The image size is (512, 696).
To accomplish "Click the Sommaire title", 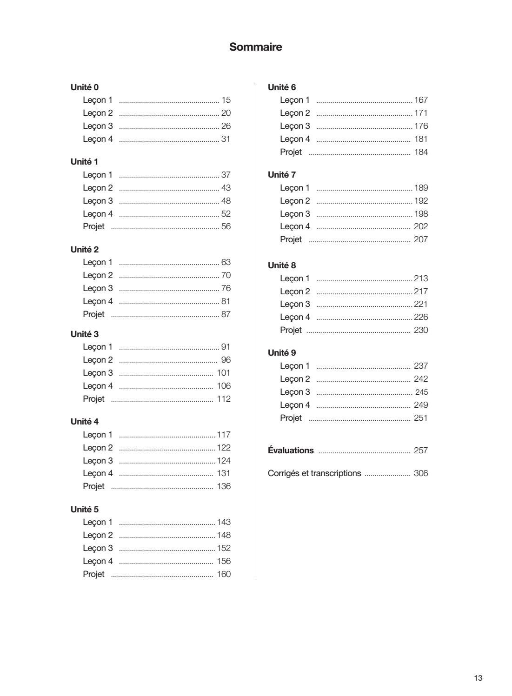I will point(255,47).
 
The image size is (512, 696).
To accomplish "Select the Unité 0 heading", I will point(85,87).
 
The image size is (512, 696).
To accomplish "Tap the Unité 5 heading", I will point(85,510).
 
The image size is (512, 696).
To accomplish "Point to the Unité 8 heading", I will point(282,265).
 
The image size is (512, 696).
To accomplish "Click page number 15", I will point(226,100).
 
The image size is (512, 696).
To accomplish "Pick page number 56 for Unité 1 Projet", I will point(226,226).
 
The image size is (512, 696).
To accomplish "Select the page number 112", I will point(224,399).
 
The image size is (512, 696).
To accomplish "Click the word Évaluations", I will point(291,451).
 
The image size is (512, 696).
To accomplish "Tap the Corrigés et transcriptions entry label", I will point(314,473).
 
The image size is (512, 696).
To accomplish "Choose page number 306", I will point(421,473).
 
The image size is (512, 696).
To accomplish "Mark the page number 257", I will point(421,451).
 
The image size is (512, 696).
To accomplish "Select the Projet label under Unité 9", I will point(291,418).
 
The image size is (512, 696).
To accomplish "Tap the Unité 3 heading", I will point(85,334).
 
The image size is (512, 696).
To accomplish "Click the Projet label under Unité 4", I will point(93,486).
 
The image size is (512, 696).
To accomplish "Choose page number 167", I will point(421,100).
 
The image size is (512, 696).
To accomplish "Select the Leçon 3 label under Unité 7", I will point(295,214).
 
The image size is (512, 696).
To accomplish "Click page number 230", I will point(421,330).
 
